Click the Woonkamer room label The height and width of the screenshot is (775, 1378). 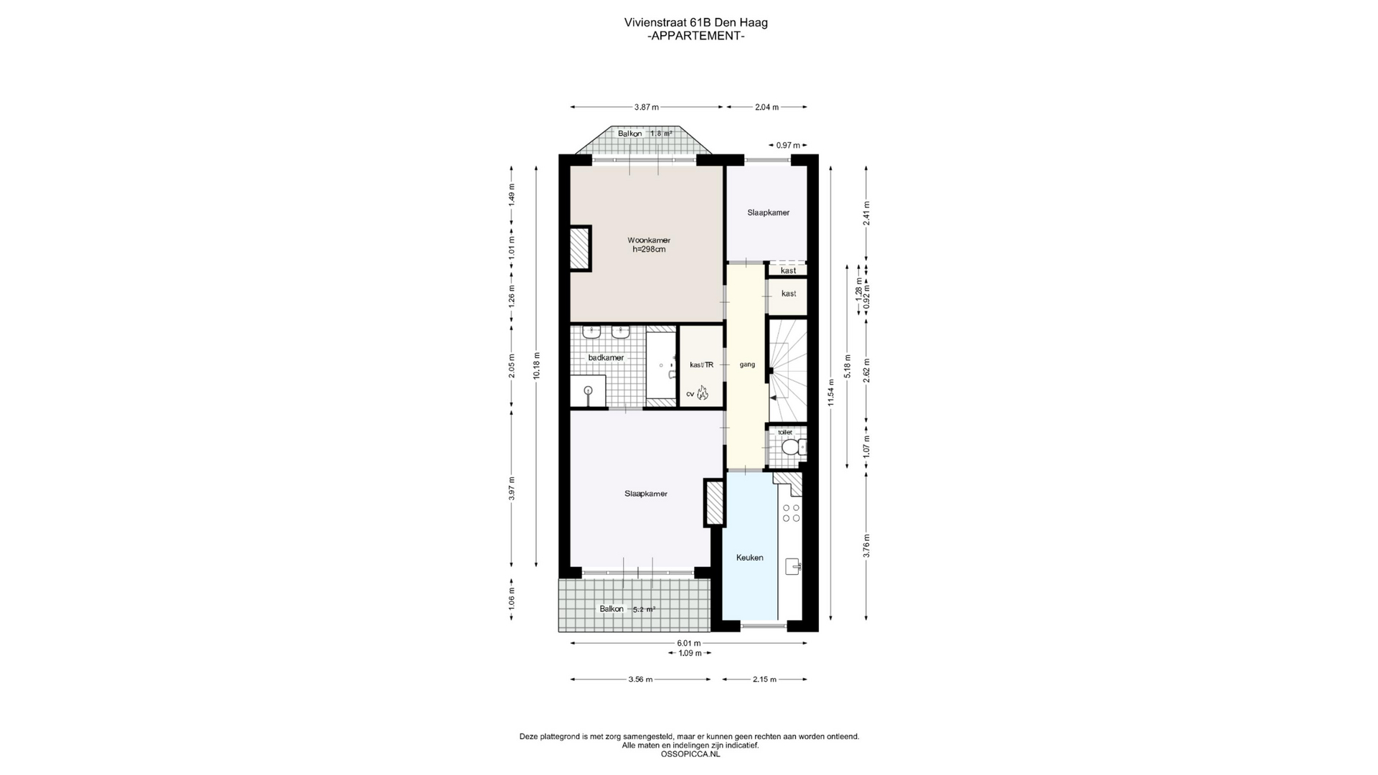649,240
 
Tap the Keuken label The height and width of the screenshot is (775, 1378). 750,558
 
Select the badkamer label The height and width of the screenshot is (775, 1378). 606,357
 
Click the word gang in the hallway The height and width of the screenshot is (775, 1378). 747,365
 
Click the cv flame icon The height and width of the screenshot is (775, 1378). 702,393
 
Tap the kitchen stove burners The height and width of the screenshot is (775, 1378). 791,512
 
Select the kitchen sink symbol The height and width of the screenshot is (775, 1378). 793,566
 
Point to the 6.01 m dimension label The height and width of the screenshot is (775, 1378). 689,643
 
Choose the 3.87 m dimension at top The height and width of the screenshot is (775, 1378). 647,107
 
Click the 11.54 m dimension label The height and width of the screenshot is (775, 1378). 831,393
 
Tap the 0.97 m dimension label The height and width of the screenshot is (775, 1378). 788,145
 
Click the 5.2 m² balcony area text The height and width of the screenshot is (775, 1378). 644,609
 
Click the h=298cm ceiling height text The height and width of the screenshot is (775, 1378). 649,250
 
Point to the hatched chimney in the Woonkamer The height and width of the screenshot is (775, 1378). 580,248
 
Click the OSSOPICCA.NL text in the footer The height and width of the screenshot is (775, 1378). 690,754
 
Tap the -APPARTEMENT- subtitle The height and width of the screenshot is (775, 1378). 695,35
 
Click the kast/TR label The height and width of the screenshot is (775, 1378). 701,365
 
